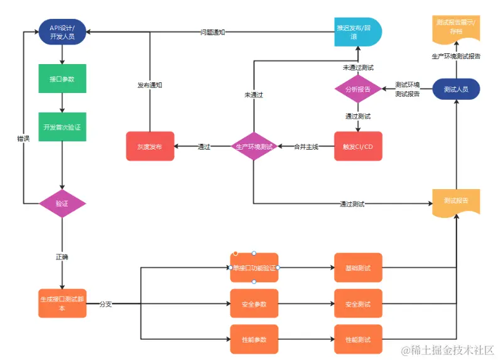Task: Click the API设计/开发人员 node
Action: point(62,31)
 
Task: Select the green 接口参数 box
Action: point(62,79)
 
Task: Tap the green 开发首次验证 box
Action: point(62,127)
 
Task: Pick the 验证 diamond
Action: point(62,203)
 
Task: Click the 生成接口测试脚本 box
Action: point(62,303)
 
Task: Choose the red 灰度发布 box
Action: point(149,146)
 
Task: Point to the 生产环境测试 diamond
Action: point(254,146)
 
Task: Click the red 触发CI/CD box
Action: point(358,146)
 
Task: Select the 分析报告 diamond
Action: point(358,89)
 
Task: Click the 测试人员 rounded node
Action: point(456,89)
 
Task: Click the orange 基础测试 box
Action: point(358,268)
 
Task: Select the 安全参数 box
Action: point(254,304)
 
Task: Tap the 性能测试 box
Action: point(358,339)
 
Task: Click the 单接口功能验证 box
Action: point(254,268)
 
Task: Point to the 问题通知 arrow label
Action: point(212,32)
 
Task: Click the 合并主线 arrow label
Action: point(306,146)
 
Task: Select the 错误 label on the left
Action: point(23,138)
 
